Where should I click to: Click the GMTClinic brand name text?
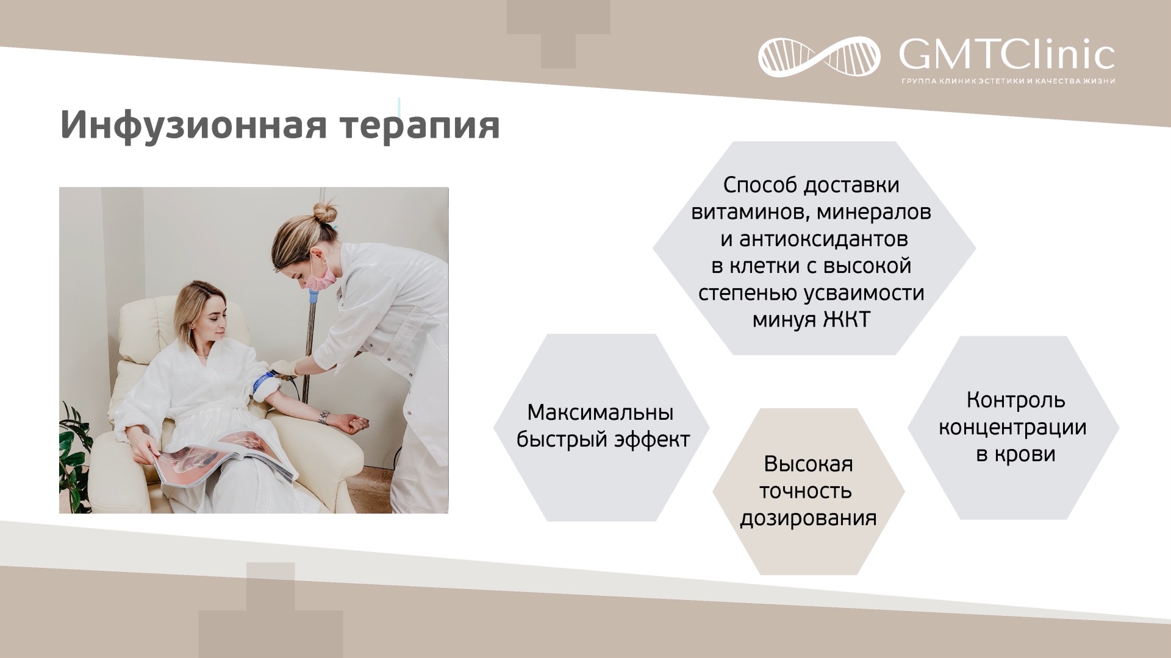[1007, 55]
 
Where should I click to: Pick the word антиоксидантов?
[823, 239]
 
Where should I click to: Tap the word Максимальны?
[600, 412]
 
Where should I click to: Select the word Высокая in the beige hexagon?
[808, 464]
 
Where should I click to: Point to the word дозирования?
[808, 518]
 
